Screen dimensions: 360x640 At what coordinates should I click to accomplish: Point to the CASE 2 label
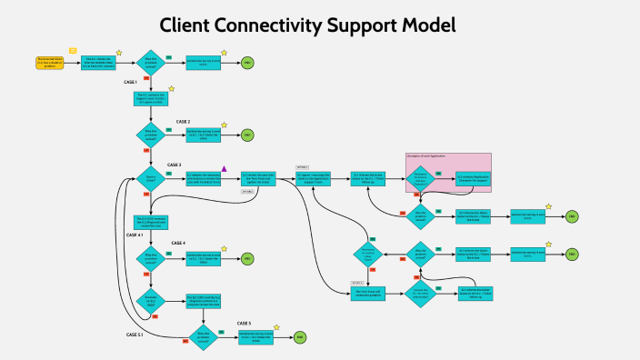(x=183, y=121)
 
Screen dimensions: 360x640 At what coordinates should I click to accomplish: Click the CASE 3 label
(x=175, y=165)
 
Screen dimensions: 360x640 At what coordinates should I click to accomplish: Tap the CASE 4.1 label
(x=135, y=235)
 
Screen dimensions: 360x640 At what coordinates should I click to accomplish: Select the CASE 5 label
(x=244, y=323)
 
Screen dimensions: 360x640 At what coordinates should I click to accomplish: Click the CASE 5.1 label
(x=135, y=335)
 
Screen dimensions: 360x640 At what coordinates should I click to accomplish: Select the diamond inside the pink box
(x=421, y=177)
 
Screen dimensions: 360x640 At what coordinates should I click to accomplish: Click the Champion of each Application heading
(x=425, y=157)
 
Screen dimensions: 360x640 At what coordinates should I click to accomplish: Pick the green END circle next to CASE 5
(x=299, y=337)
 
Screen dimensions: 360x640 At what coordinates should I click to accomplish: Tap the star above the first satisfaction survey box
(x=224, y=53)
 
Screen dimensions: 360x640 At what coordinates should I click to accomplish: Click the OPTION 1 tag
(x=304, y=168)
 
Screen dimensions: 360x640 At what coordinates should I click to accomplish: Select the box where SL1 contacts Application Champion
(x=473, y=177)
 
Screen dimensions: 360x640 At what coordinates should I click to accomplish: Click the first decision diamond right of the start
(x=151, y=62)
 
